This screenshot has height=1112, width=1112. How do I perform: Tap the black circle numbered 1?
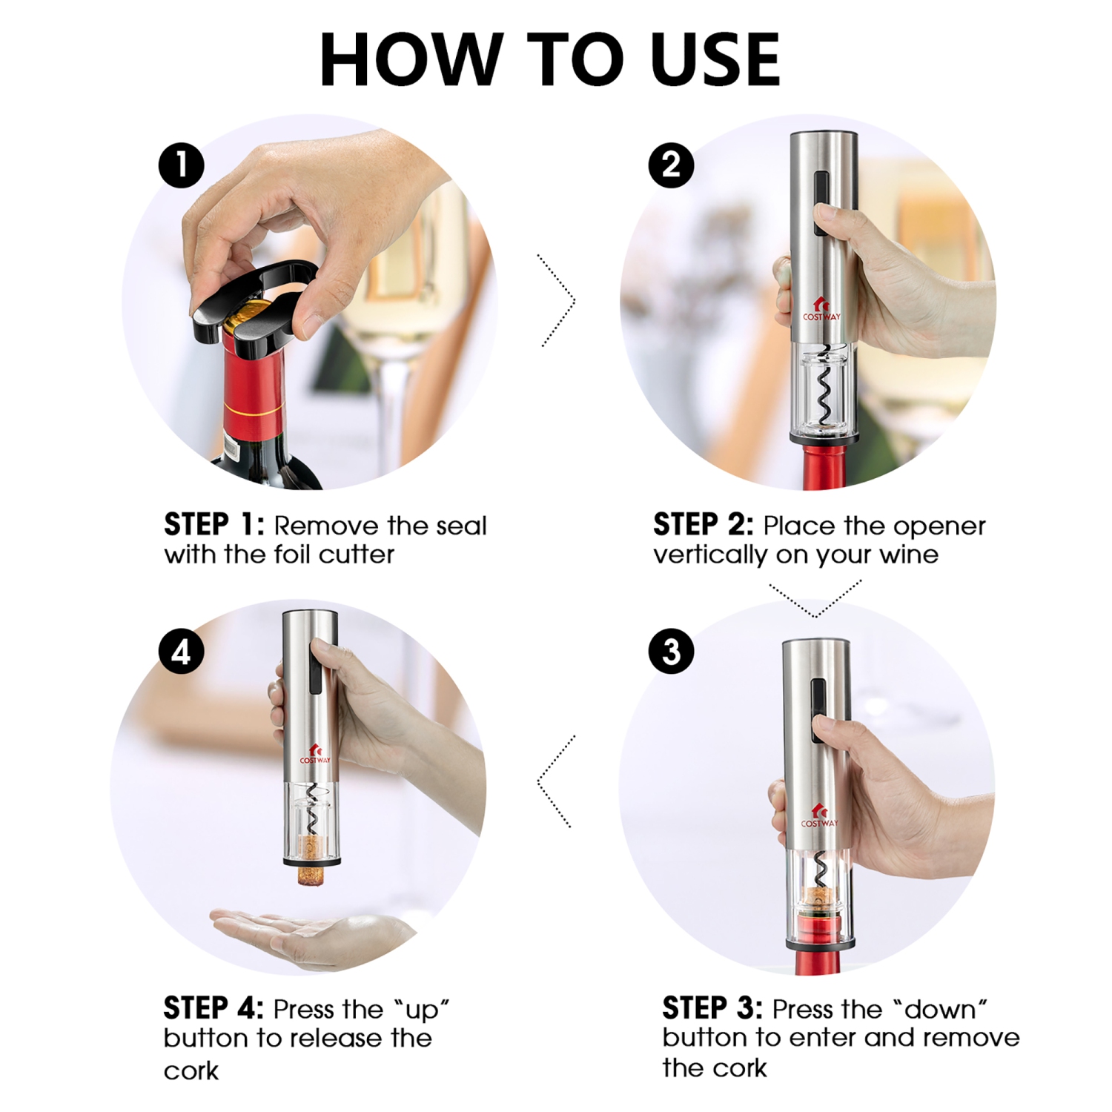(182, 165)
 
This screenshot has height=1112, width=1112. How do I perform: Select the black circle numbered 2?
(671, 165)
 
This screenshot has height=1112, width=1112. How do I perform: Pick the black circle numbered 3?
(671, 652)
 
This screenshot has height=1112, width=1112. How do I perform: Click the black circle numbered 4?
(182, 652)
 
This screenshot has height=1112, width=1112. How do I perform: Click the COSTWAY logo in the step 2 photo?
(821, 311)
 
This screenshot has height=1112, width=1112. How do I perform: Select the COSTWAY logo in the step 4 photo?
(315, 755)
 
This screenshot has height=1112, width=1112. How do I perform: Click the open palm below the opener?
(311, 936)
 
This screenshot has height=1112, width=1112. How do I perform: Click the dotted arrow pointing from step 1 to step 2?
(557, 300)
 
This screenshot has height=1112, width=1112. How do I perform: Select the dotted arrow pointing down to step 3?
(815, 600)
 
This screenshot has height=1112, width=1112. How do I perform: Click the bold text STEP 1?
(214, 525)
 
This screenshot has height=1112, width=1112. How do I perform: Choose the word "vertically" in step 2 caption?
(710, 555)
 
